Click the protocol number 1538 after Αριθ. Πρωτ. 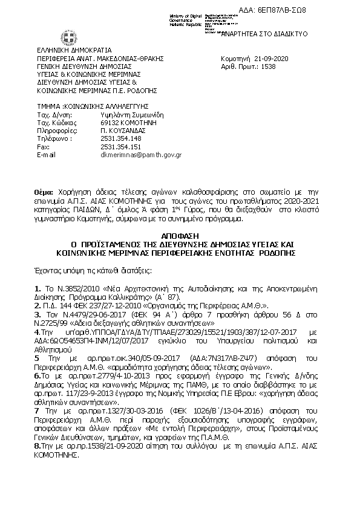268,66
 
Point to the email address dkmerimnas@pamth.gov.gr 140,155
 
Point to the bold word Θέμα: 44,190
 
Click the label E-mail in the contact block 46,155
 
